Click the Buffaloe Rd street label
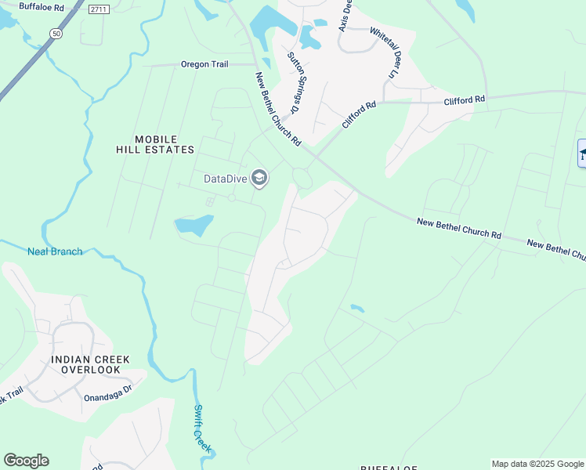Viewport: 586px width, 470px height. (41, 6)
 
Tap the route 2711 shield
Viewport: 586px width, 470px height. (98, 9)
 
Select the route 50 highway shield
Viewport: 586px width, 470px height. (56, 34)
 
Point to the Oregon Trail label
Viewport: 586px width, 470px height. (204, 64)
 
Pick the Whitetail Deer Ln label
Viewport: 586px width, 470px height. (385, 53)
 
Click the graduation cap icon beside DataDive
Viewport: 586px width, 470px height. (259, 179)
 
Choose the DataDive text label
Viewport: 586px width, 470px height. (226, 179)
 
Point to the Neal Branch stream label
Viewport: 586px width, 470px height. (55, 251)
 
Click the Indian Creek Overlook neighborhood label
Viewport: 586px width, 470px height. (90, 364)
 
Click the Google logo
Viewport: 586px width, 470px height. (26, 461)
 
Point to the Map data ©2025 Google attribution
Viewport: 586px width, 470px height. (537, 464)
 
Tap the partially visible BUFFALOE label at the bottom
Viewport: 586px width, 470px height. (389, 467)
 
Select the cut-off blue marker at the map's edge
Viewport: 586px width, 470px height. (581, 153)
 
